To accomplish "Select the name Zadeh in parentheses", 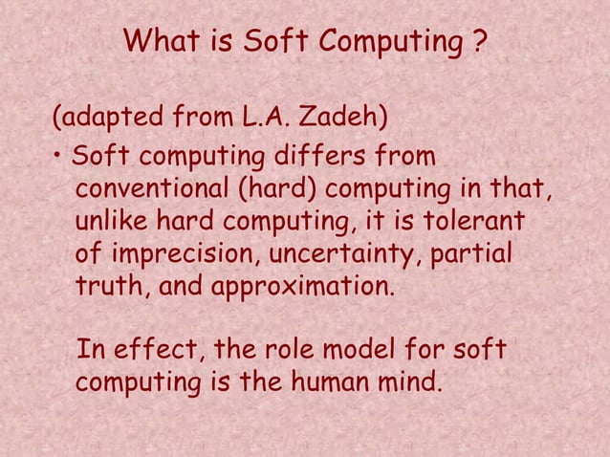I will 345,120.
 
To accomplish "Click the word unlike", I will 111,223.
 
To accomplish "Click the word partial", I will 473,257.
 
